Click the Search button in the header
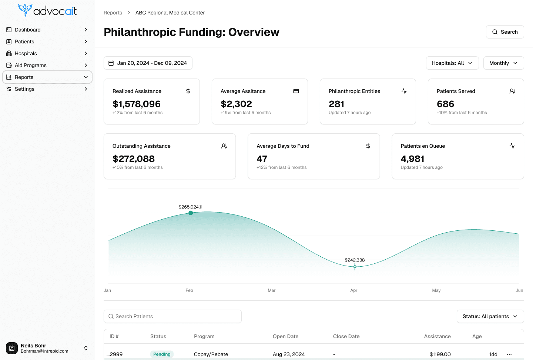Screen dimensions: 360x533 point(504,32)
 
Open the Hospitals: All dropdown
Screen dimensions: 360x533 point(452,63)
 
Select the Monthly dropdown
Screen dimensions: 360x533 point(503,63)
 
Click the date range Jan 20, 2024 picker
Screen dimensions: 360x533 point(148,63)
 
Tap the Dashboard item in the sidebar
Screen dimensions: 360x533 point(28,30)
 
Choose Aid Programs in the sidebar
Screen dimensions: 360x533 point(31,65)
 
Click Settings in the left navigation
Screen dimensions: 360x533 point(24,89)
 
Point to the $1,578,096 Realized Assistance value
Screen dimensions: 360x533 point(137,104)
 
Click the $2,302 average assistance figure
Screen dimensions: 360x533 point(236,104)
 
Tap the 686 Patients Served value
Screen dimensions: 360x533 point(445,104)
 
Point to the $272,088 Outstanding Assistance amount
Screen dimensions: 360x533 point(134,159)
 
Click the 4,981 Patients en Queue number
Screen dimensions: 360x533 point(412,159)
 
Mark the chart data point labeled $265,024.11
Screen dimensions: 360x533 point(191,213)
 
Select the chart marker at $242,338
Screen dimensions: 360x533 point(355,267)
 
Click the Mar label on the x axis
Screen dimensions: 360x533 point(272,290)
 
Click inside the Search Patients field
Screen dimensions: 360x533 point(172,316)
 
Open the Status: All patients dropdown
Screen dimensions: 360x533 point(490,316)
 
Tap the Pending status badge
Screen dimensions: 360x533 point(162,354)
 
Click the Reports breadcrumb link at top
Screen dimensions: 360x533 point(113,13)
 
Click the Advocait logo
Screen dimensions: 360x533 point(47,10)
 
